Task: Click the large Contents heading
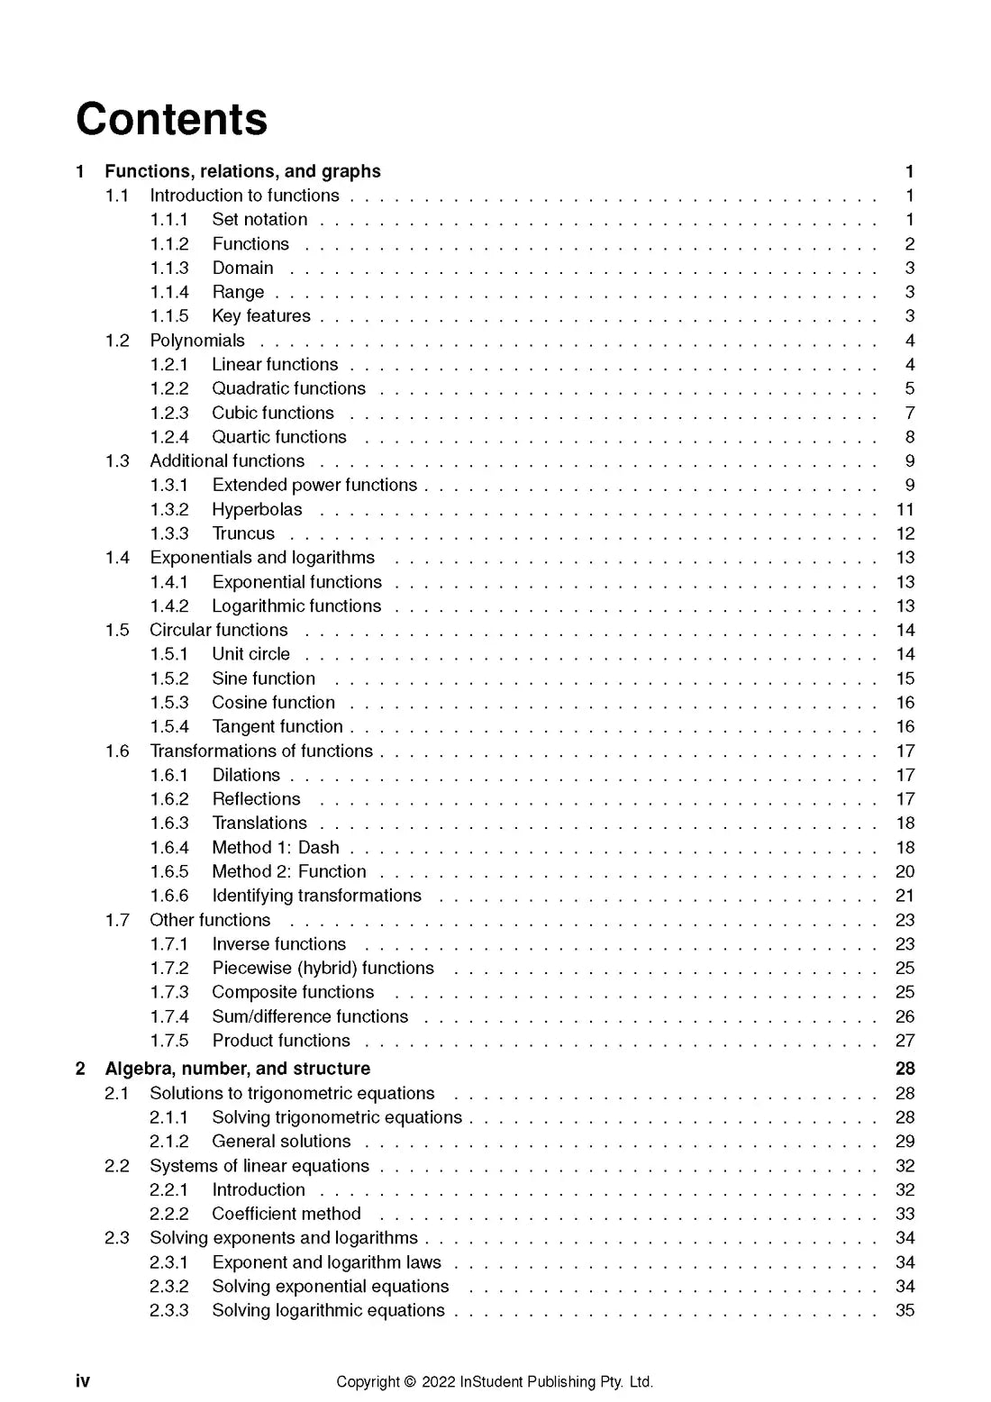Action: (171, 119)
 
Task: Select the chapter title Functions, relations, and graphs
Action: (242, 171)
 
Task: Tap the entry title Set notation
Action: (259, 219)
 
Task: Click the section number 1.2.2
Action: (169, 388)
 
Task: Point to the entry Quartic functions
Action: (279, 437)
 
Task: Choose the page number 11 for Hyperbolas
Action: (905, 509)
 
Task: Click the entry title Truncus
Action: (243, 533)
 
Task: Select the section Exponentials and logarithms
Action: (262, 558)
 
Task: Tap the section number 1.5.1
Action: (169, 654)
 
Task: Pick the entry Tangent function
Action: (277, 726)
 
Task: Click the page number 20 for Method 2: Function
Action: (905, 871)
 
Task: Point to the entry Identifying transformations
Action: (316, 896)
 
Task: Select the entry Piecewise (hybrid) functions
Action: (323, 968)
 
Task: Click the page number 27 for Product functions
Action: (905, 1041)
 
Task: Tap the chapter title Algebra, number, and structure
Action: (237, 1069)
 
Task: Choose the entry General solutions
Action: (281, 1142)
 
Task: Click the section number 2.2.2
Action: (169, 1214)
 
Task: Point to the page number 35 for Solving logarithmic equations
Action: (905, 1310)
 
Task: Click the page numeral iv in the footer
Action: (83, 1381)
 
